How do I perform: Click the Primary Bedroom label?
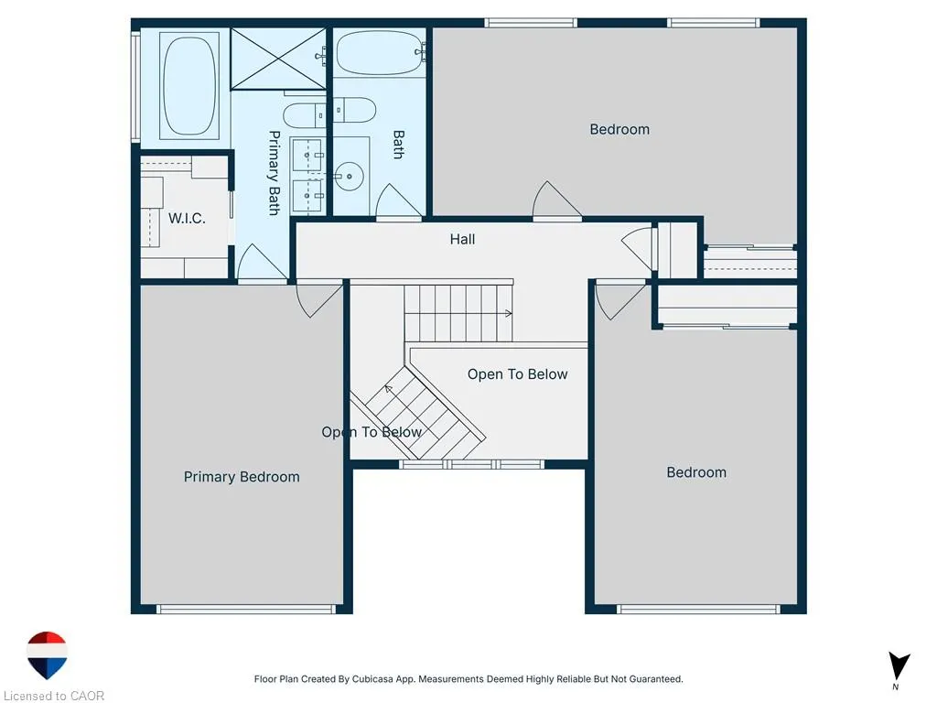pyautogui.click(x=242, y=477)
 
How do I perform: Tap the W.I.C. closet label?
pyautogui.click(x=187, y=218)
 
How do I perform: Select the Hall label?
pyautogui.click(x=462, y=239)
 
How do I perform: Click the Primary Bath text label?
pyautogui.click(x=274, y=173)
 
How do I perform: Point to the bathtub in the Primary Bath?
pyautogui.click(x=188, y=86)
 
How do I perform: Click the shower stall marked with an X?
pyautogui.click(x=278, y=59)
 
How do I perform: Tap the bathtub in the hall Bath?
pyautogui.click(x=380, y=52)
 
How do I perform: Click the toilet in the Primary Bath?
pyautogui.click(x=305, y=114)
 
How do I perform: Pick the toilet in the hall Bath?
pyautogui.click(x=354, y=110)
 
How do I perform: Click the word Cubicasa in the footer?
pyautogui.click(x=375, y=679)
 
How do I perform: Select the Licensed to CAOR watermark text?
pyautogui.click(x=54, y=696)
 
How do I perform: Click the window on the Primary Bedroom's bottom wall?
pyautogui.click(x=246, y=609)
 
